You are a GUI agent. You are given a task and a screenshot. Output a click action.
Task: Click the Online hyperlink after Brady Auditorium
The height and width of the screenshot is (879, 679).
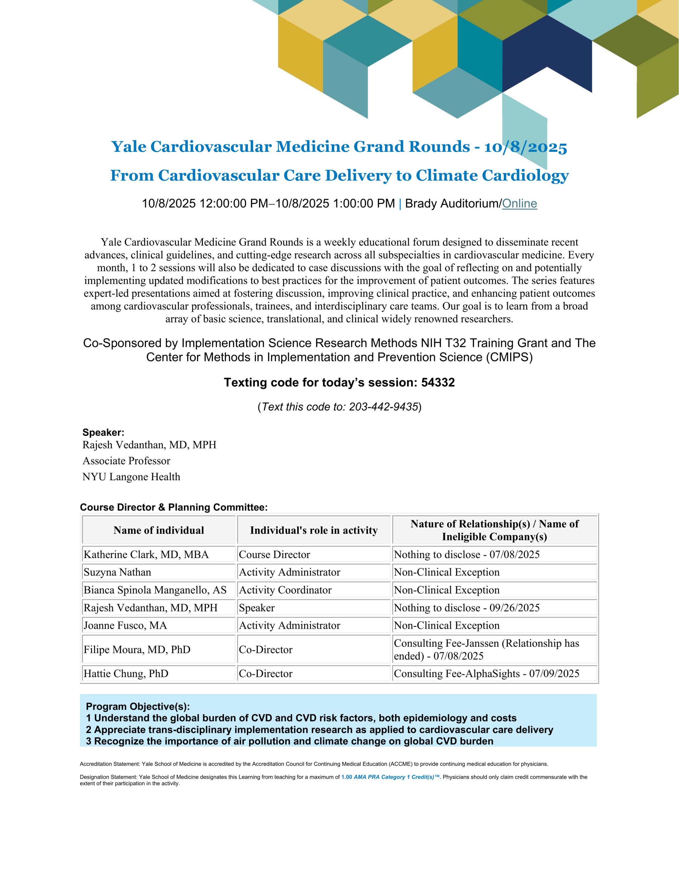click(519, 204)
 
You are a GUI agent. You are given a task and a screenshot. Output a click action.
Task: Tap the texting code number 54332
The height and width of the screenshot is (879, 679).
click(438, 382)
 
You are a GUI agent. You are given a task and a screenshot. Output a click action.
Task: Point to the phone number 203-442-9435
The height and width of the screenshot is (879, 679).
click(383, 407)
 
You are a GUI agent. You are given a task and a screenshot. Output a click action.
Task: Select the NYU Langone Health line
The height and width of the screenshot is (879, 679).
click(131, 477)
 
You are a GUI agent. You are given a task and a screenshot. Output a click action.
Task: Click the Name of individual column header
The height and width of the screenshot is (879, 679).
click(158, 530)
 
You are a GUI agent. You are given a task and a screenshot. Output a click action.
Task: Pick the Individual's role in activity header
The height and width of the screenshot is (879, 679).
click(314, 530)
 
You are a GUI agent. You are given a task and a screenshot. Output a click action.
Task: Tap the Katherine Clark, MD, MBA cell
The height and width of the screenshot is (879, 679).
click(146, 555)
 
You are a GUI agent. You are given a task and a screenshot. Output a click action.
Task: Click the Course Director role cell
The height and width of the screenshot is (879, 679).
click(274, 555)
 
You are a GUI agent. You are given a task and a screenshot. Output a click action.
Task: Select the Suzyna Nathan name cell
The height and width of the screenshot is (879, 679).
click(117, 572)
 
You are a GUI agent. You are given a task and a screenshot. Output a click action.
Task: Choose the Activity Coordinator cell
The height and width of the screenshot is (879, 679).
click(285, 590)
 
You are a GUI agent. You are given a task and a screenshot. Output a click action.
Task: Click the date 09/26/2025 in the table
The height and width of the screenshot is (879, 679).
click(514, 608)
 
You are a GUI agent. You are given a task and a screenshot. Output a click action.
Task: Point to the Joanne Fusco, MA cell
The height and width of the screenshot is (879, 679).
click(125, 626)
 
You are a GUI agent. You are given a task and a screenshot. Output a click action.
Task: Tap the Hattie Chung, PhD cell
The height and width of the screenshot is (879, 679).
click(126, 674)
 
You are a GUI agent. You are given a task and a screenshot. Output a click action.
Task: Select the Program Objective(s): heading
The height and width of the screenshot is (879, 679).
click(138, 706)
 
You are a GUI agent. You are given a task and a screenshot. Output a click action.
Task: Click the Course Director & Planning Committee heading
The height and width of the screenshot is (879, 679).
click(174, 507)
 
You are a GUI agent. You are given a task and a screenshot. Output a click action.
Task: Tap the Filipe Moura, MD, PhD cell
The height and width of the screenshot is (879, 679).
click(137, 650)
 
